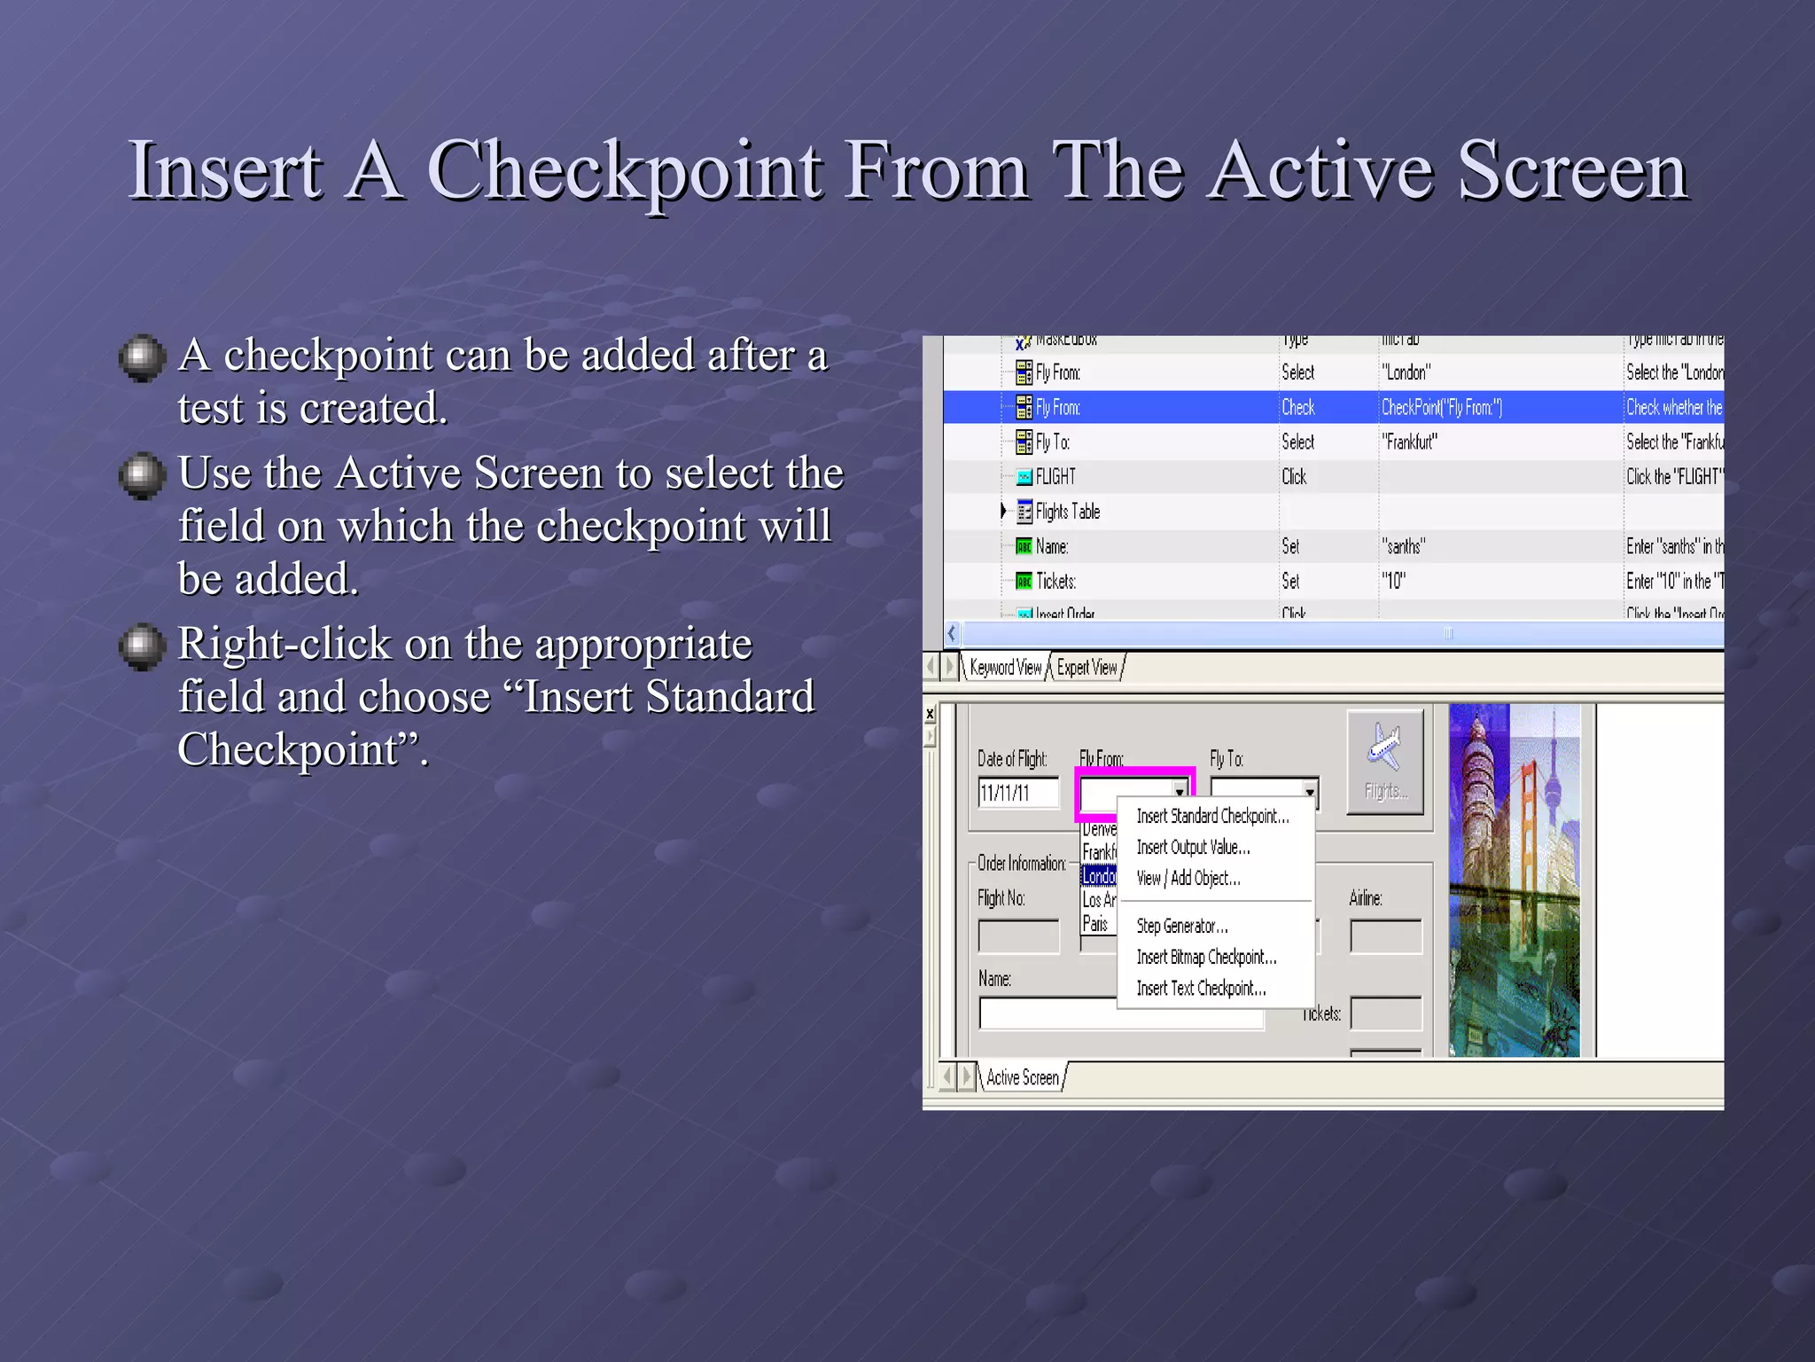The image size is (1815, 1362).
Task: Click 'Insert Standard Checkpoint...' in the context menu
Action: click(1211, 816)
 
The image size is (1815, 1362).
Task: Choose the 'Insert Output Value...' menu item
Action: click(1193, 847)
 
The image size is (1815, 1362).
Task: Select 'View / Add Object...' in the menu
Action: click(1188, 878)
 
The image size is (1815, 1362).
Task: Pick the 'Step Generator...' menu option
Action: click(1181, 926)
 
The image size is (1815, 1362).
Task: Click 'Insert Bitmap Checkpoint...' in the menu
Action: click(1206, 957)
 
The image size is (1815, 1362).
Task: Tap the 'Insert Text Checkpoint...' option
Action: click(1201, 988)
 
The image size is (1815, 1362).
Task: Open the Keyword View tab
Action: click(1005, 668)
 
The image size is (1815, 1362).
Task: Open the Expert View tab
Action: click(1087, 668)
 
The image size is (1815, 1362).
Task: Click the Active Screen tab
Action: click(1022, 1077)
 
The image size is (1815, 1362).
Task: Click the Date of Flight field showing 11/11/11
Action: click(1017, 793)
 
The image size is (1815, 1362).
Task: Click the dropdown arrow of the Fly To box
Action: click(1309, 791)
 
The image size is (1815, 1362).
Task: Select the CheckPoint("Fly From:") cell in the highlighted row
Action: click(1441, 408)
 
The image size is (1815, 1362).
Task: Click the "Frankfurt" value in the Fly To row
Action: click(1409, 442)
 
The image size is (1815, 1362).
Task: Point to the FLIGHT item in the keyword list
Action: click(1055, 477)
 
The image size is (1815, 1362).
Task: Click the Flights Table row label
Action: click(1067, 512)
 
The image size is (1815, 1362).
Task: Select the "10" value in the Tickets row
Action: click(1394, 582)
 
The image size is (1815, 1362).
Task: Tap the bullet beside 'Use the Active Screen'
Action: click(142, 475)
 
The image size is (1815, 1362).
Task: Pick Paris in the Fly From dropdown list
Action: click(1095, 924)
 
